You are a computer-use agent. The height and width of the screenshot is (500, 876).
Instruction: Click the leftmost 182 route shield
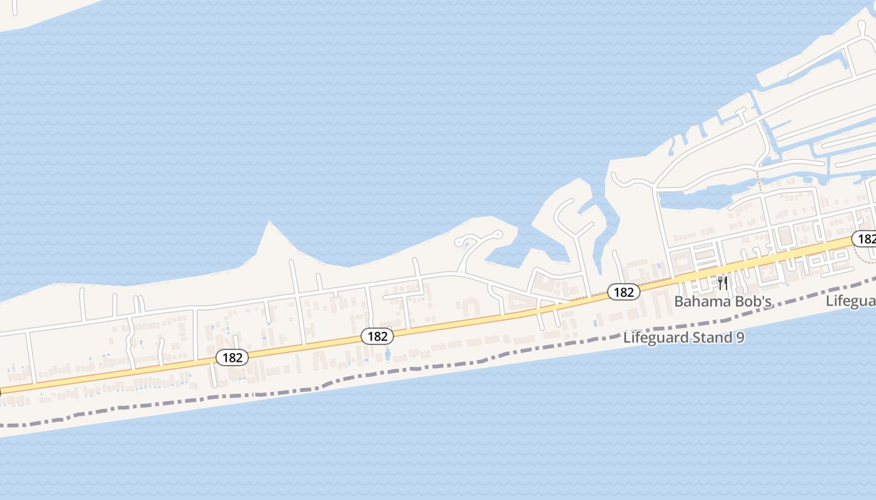tap(232, 357)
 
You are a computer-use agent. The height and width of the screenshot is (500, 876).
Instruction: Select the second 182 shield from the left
tap(377, 336)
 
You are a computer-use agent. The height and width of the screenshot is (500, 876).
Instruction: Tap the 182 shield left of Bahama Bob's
tap(623, 291)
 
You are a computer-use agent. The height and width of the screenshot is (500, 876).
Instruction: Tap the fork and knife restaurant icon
tap(723, 284)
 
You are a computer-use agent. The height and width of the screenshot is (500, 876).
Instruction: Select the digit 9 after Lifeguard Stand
tap(740, 338)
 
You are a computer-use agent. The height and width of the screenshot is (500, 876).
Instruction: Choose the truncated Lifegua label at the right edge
tap(851, 301)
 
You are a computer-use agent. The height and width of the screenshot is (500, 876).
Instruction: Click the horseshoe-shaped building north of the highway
tap(470, 307)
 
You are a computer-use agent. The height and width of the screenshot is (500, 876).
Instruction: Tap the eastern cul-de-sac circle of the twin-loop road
tap(497, 234)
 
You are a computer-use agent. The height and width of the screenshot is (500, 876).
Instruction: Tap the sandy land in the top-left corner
tap(31, 12)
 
